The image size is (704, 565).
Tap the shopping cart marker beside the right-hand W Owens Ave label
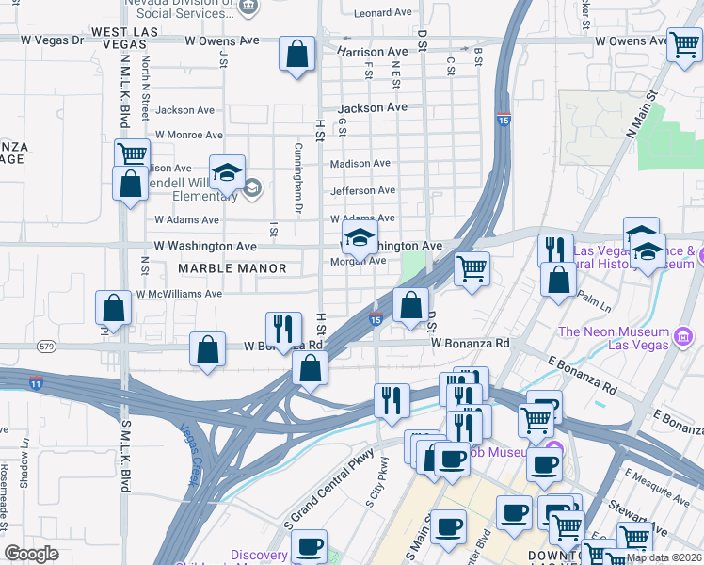pos(684,44)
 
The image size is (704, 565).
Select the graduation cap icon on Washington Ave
pos(359,239)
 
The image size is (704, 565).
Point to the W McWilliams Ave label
pos(179,294)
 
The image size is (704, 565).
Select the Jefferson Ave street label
pos(362,191)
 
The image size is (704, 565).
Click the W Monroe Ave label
pos(189,136)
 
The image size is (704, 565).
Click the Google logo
pos(31,554)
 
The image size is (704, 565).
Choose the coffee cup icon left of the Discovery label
pos(308,547)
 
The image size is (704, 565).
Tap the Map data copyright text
pos(664,557)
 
